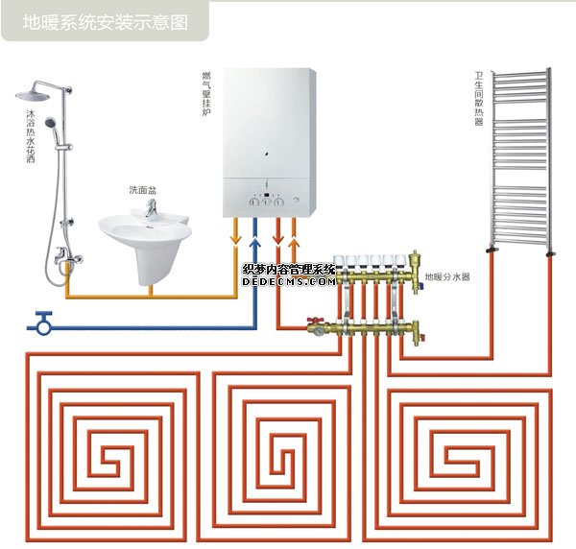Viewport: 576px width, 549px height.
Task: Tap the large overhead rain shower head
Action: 36,96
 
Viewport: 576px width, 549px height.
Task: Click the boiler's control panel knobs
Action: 270,202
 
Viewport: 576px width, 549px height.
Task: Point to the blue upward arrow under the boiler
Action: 254,231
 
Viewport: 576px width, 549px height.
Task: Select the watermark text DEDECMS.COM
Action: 289,283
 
